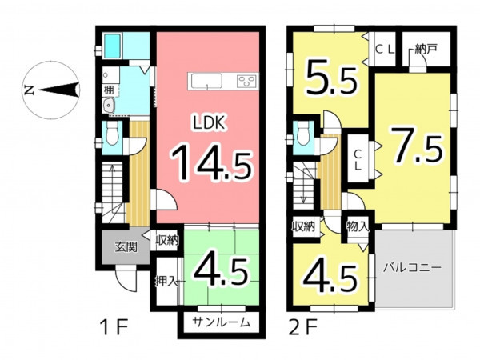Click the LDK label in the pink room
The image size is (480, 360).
coord(210,122)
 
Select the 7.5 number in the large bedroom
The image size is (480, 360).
coord(416,146)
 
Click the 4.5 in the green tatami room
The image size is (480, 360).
coord(221,271)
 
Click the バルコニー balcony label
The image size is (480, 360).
coord(413,267)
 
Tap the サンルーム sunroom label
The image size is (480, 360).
coord(222,322)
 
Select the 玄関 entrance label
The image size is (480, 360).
coord(126,246)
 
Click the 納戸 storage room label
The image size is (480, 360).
coord(426,49)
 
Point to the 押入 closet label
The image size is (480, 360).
coord(166,281)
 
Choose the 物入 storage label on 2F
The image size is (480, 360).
coord(358,226)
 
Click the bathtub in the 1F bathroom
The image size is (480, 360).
coord(111,46)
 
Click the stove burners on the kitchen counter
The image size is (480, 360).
coord(246,82)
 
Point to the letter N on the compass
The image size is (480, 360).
coord(30,90)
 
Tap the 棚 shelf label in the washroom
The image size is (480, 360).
coord(109,90)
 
